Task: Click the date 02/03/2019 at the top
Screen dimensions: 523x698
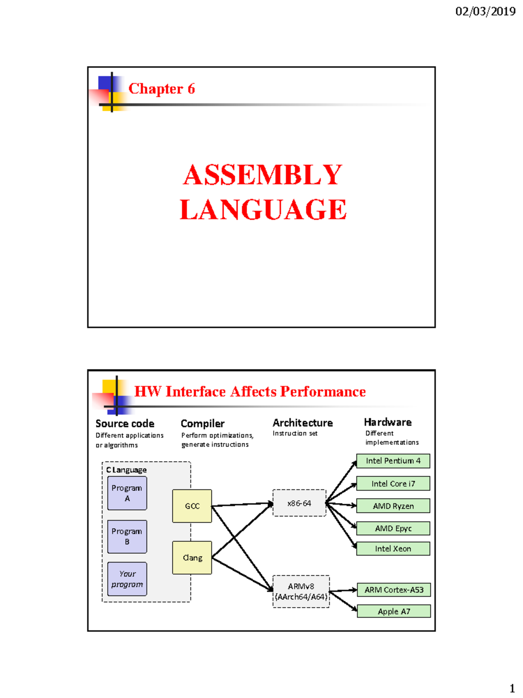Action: click(485, 11)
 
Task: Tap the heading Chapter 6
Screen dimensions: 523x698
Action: click(161, 89)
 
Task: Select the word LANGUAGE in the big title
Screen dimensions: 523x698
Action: click(263, 209)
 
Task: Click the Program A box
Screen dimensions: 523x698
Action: click(127, 493)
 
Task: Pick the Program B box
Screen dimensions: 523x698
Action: click(127, 537)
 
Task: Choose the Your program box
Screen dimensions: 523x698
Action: click(127, 579)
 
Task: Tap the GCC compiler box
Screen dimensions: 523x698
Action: click(192, 506)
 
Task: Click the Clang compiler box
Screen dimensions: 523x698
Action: click(192, 558)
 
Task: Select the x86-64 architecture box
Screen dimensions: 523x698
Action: click(299, 503)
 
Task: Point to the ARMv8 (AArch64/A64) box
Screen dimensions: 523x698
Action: click(301, 592)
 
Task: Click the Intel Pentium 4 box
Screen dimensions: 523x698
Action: click(393, 461)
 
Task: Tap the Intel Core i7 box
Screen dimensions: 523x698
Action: click(393, 483)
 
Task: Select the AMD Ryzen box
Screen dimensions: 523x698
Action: click(393, 506)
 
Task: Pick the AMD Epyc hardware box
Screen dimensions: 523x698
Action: click(393, 528)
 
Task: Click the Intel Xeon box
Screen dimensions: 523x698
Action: click(393, 548)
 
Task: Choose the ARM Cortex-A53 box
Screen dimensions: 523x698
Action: click(394, 590)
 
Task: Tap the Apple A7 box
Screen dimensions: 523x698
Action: click(394, 611)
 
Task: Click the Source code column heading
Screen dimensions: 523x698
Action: click(125, 424)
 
